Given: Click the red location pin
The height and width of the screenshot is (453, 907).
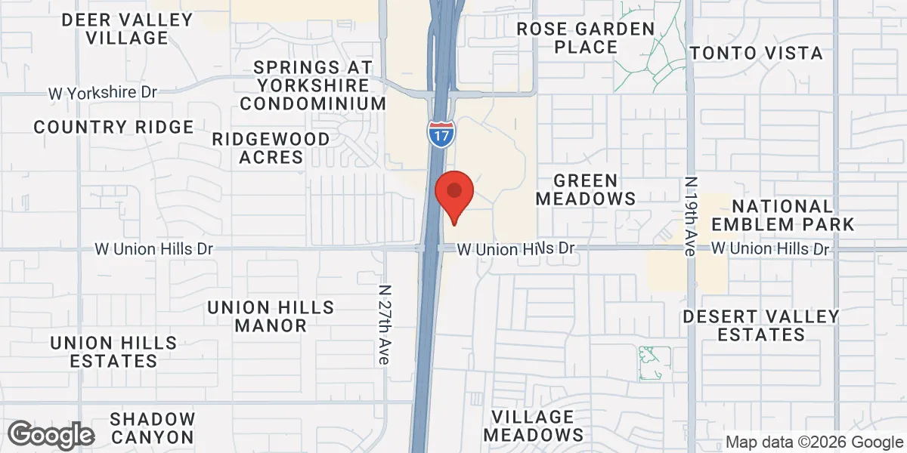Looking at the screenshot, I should point(455,193).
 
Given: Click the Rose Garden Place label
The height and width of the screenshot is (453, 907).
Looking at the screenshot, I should point(585,38).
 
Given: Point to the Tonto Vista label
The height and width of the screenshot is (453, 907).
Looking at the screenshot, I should point(757,53).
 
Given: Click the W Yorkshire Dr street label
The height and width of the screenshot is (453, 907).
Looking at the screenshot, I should point(102,93).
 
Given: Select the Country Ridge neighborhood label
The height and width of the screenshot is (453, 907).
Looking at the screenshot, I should point(114,127).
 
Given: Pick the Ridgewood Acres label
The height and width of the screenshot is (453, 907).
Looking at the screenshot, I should point(271,148).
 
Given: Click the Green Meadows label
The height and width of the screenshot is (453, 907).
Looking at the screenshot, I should point(585,190).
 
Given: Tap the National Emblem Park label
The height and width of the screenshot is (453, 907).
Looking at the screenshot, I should point(783,215).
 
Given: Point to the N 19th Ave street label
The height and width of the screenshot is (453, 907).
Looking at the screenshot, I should point(689,217).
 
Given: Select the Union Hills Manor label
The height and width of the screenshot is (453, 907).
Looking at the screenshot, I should point(271,316).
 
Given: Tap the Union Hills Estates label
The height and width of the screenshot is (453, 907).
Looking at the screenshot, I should point(113,352).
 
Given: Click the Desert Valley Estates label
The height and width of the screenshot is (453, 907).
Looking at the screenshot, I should point(761,325).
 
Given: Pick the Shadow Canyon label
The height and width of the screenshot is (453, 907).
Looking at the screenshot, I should point(152,427).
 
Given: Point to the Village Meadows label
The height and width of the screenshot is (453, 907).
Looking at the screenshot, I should point(534,426).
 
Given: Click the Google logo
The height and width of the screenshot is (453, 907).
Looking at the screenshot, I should point(51,436).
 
